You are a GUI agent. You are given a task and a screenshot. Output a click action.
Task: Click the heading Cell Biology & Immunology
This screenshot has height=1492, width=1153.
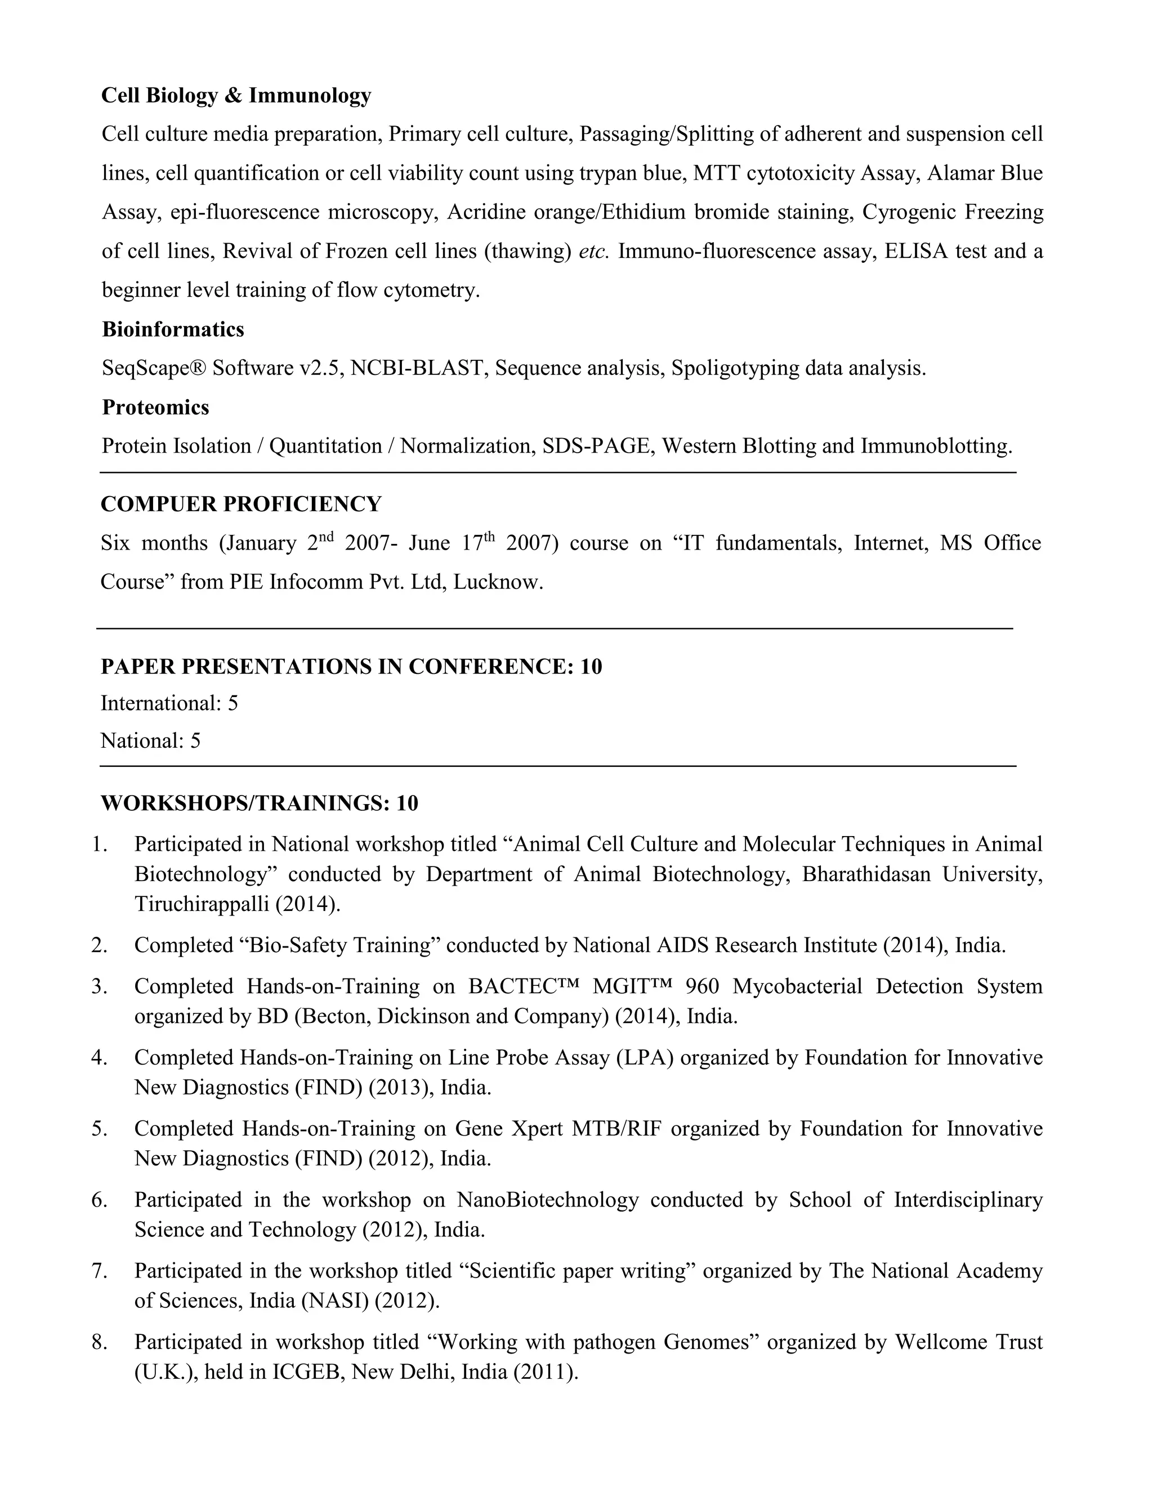coord(236,95)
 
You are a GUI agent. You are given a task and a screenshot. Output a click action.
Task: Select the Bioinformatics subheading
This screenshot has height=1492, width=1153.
coord(173,329)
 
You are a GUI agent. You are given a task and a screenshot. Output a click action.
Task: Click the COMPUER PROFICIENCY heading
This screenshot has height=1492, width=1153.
coord(240,503)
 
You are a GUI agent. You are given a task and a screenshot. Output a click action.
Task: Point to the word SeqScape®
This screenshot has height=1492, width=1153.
coord(153,368)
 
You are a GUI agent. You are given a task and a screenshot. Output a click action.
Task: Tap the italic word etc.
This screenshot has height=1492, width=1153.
coord(593,252)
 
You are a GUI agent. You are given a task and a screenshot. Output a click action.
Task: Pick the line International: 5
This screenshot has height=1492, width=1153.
coord(169,703)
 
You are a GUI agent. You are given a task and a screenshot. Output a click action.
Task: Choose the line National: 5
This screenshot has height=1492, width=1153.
coord(150,740)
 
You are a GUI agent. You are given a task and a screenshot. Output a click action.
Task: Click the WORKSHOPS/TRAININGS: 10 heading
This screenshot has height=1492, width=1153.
coord(259,803)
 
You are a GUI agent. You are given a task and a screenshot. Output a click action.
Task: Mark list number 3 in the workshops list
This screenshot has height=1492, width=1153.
coord(100,986)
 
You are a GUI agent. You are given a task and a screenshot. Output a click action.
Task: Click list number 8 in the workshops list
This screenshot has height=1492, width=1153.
coord(100,1342)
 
